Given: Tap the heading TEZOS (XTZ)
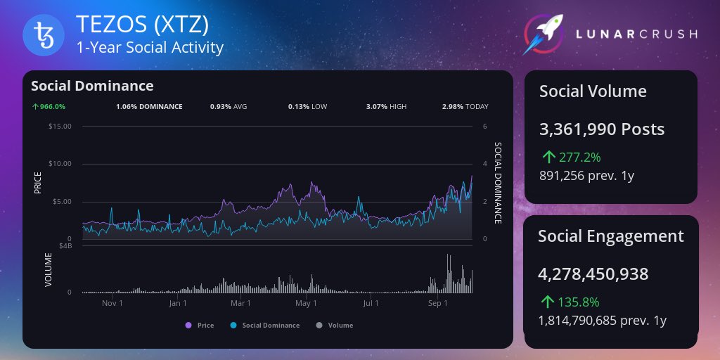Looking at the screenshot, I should (142, 26).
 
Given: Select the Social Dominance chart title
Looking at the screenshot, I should (92, 86).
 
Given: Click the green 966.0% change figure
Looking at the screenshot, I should (49, 107).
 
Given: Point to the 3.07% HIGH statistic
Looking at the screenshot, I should (386, 107).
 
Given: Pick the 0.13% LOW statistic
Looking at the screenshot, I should (307, 107).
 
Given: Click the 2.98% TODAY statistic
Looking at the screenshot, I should (465, 107).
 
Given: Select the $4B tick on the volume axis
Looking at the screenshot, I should (65, 245).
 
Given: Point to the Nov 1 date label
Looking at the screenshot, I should (112, 304).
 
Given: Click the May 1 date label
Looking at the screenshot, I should (306, 304).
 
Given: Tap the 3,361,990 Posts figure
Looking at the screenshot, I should (601, 129).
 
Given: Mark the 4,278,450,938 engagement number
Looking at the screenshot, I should (593, 274).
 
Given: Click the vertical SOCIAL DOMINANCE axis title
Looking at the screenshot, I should (498, 183).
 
